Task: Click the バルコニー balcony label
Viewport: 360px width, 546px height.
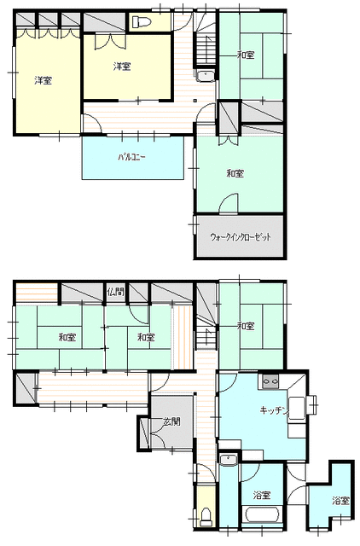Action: click(x=131, y=157)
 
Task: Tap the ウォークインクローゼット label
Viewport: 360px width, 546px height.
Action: click(x=241, y=237)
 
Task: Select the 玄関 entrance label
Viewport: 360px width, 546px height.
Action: click(x=171, y=421)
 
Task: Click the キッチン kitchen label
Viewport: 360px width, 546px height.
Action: click(x=274, y=411)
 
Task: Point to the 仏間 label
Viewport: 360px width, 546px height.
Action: click(x=115, y=292)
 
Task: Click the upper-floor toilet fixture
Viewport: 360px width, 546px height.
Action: click(x=141, y=21)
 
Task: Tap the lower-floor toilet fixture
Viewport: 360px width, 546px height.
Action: click(x=206, y=516)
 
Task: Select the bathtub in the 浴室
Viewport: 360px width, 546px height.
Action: click(x=263, y=515)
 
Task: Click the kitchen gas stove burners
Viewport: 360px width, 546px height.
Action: click(x=270, y=382)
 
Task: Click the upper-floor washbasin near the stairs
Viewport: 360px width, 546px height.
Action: click(x=205, y=76)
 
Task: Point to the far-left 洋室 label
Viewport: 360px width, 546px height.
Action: click(x=44, y=80)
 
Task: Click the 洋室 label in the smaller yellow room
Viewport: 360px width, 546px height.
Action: click(x=122, y=67)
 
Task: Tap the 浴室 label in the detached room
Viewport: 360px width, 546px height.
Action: click(x=340, y=501)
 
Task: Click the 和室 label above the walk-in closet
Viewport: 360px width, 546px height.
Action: click(x=235, y=173)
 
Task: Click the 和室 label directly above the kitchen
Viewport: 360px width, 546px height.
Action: click(x=246, y=326)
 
